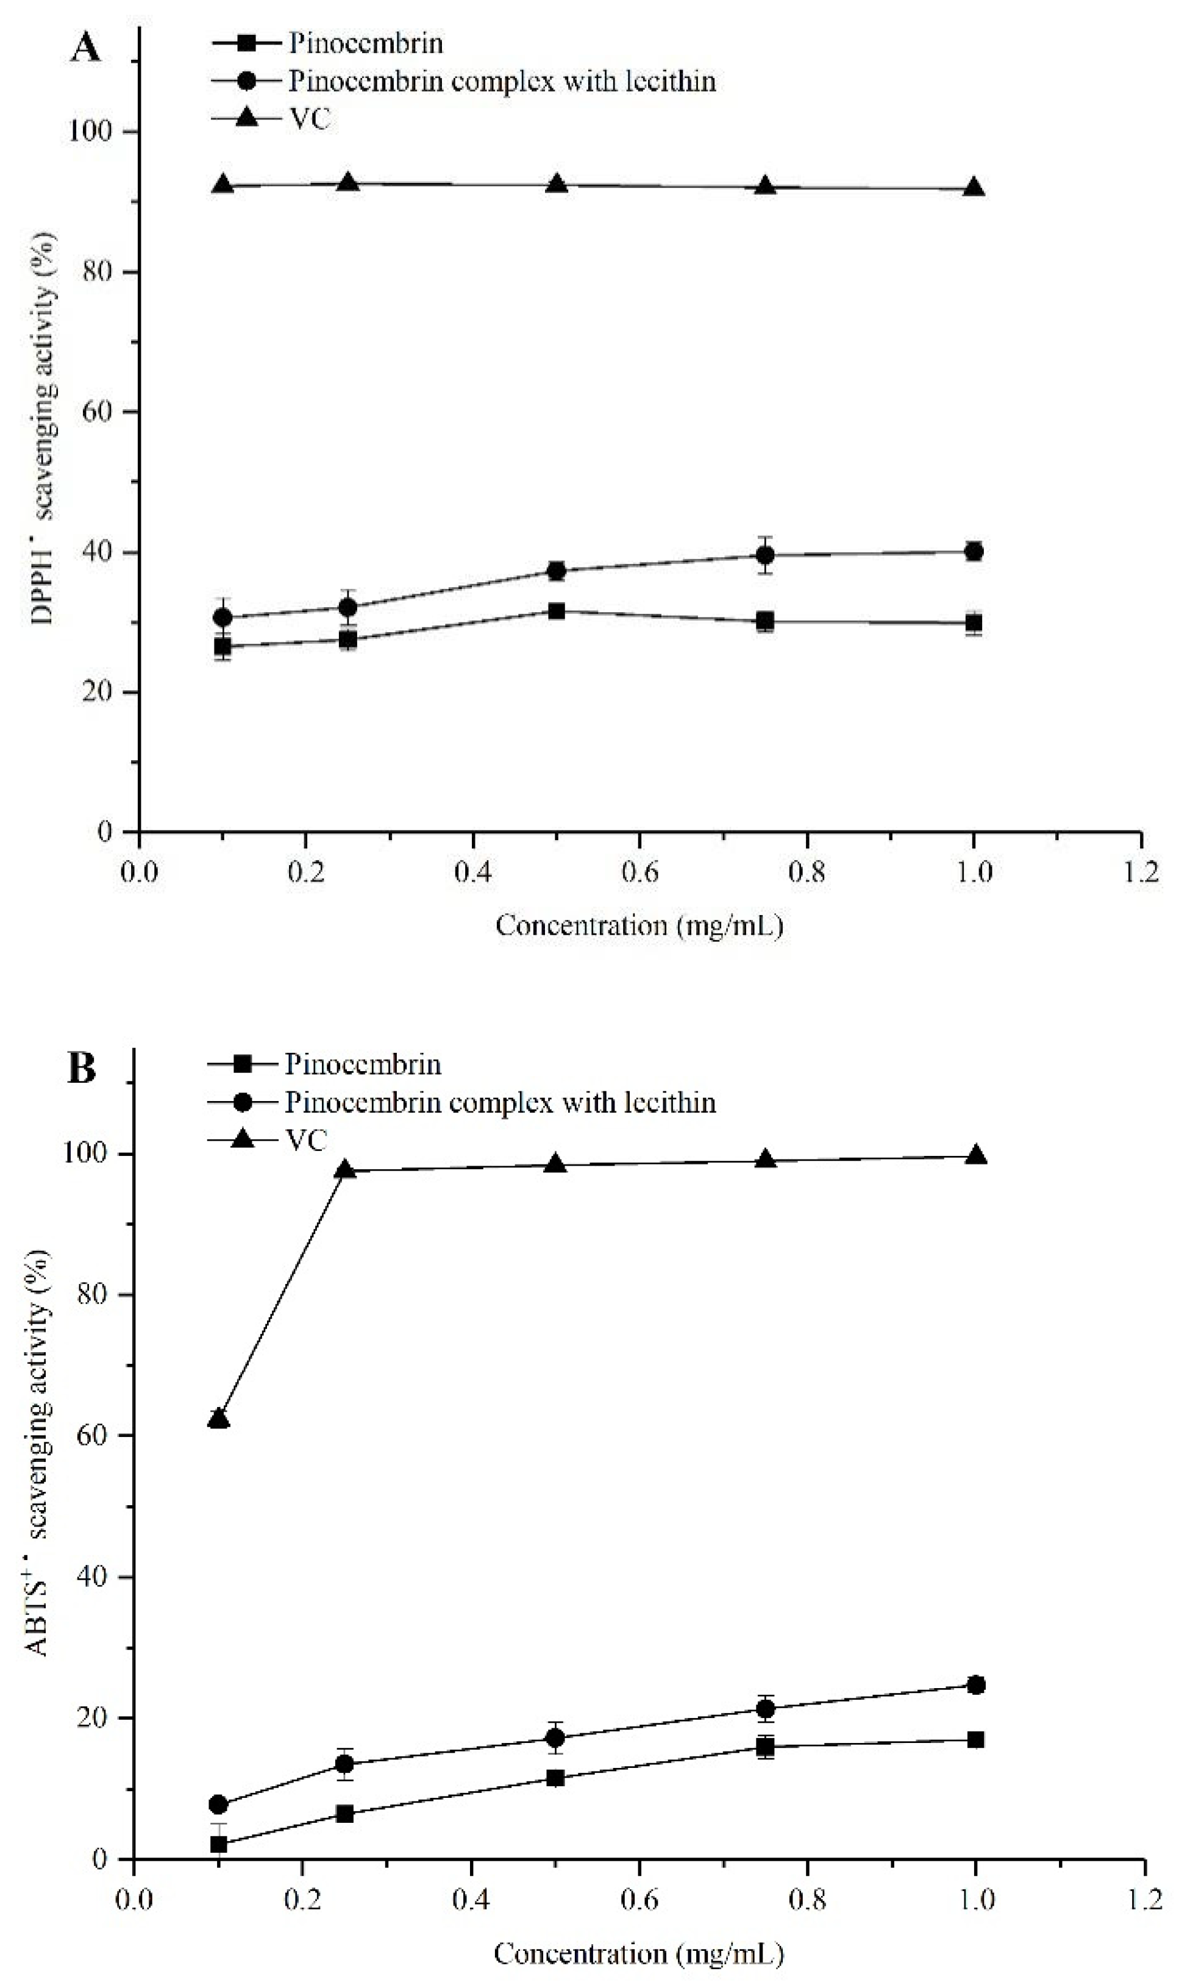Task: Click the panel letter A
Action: (86, 49)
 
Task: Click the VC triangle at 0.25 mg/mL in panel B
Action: (346, 1171)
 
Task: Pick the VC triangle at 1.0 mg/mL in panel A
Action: (974, 189)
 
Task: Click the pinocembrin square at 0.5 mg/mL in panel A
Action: (556, 611)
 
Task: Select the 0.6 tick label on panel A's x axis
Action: (639, 872)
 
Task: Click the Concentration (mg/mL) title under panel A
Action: (639, 925)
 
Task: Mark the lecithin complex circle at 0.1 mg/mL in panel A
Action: (223, 617)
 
